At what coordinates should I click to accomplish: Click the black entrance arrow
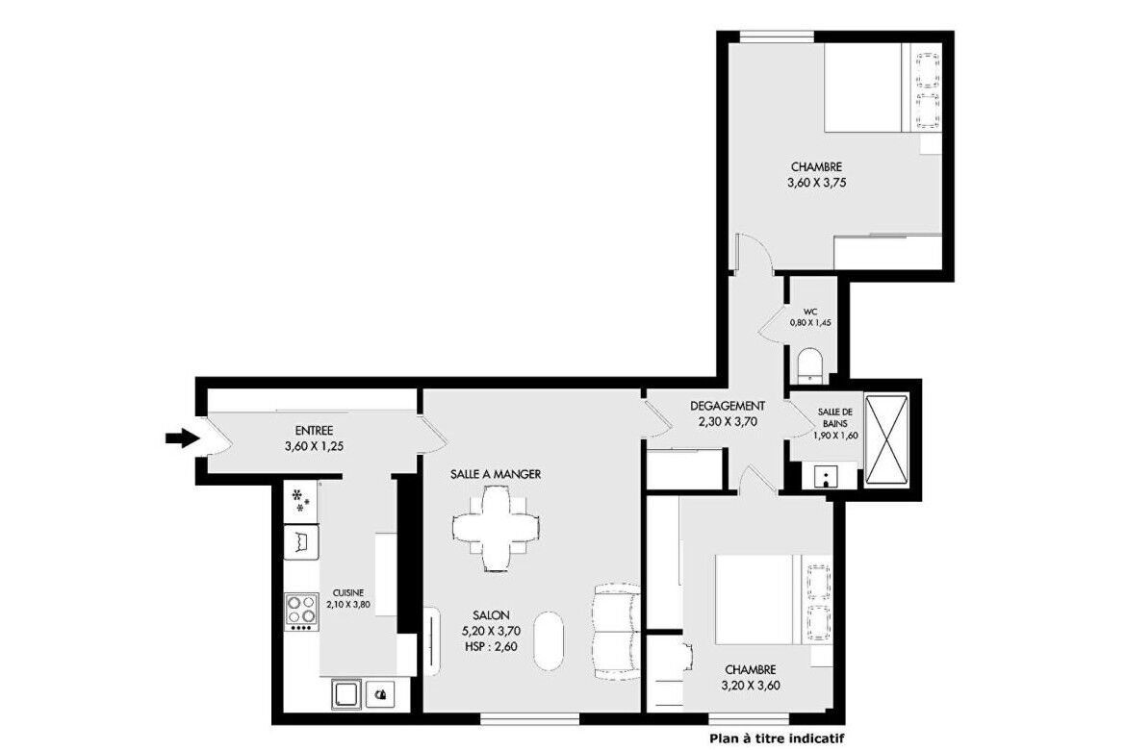[x=183, y=437]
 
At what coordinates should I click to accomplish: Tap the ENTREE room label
[x=314, y=431]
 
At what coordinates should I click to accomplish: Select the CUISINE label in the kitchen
[x=348, y=593]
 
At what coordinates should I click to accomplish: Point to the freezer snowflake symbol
[x=301, y=500]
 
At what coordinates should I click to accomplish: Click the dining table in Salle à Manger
[x=496, y=528]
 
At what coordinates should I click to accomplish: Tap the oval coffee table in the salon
[x=550, y=641]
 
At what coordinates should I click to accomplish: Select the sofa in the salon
[x=616, y=632]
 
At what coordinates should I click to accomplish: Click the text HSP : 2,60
[x=491, y=647]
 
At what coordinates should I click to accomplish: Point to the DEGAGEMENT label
[x=728, y=406]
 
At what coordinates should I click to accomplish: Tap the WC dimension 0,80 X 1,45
[x=810, y=323]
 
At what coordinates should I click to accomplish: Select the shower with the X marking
[x=887, y=437]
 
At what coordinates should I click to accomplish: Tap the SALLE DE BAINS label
[x=835, y=417]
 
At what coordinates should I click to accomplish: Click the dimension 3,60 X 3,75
[x=816, y=183]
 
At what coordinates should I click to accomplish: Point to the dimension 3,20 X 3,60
[x=751, y=686]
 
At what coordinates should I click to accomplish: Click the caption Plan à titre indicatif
[x=777, y=737]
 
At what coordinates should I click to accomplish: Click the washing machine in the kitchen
[x=346, y=694]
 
